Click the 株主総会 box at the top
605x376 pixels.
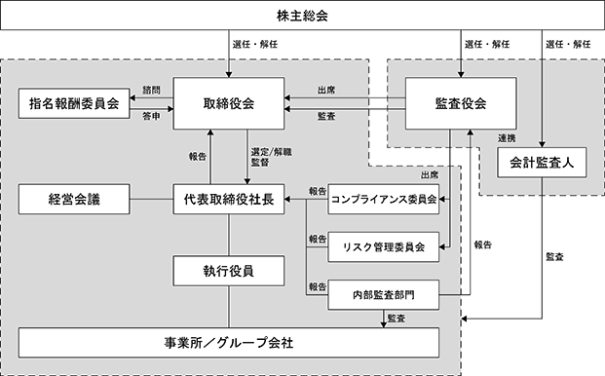point(302,16)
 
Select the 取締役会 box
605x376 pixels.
point(229,103)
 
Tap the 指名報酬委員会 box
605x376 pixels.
point(74,103)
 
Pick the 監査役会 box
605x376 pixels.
point(461,103)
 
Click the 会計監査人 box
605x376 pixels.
point(542,163)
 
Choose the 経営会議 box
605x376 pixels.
point(74,199)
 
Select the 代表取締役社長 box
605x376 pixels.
point(229,199)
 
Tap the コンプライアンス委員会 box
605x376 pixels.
point(384,199)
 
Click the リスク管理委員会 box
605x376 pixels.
point(384,246)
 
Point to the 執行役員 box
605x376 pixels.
point(229,271)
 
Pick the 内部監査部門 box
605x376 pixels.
point(384,295)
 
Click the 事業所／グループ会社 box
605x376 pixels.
point(229,343)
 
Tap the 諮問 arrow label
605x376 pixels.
point(151,91)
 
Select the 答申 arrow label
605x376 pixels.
point(151,116)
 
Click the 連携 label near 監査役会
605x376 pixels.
point(507,138)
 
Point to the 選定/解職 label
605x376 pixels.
point(271,152)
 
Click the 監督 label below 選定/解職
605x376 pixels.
point(260,163)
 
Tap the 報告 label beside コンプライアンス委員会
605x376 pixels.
point(318,191)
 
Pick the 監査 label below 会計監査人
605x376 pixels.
point(555,257)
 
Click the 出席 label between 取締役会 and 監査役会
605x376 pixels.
point(326,91)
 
